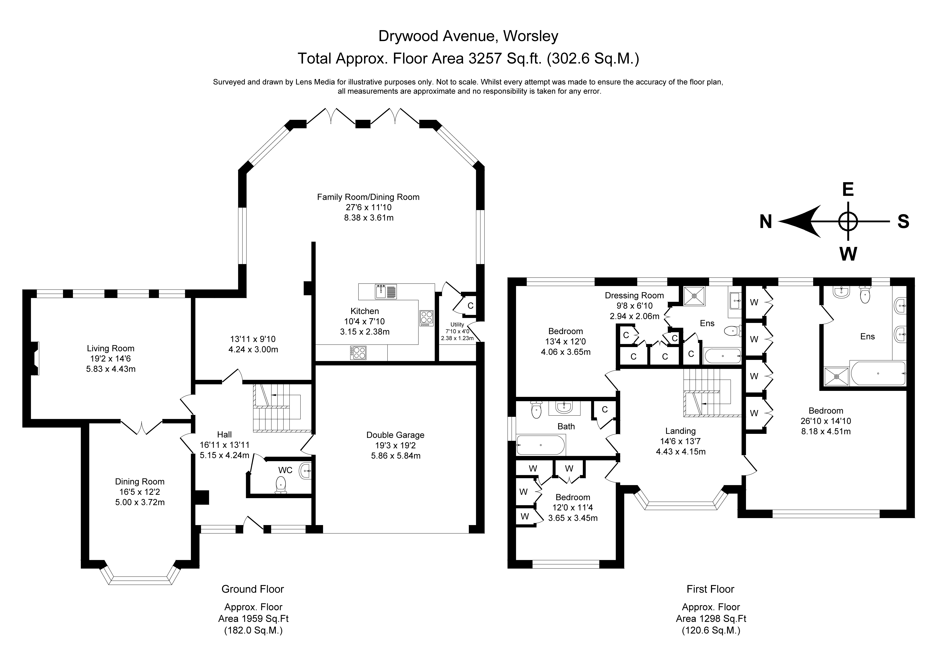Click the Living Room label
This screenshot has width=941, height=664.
[110, 348]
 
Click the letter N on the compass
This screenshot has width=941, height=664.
[766, 222]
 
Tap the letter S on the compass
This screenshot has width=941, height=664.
[903, 222]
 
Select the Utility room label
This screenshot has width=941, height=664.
[457, 325]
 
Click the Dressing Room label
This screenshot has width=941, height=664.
[634, 296]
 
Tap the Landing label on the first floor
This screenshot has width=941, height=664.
[680, 431]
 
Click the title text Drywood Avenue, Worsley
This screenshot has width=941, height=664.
[468, 36]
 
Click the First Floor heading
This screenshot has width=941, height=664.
[710, 589]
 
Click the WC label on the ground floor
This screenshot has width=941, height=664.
[285, 470]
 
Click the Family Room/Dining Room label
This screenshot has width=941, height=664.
[368, 197]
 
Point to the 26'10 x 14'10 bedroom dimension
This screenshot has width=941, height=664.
[826, 421]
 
